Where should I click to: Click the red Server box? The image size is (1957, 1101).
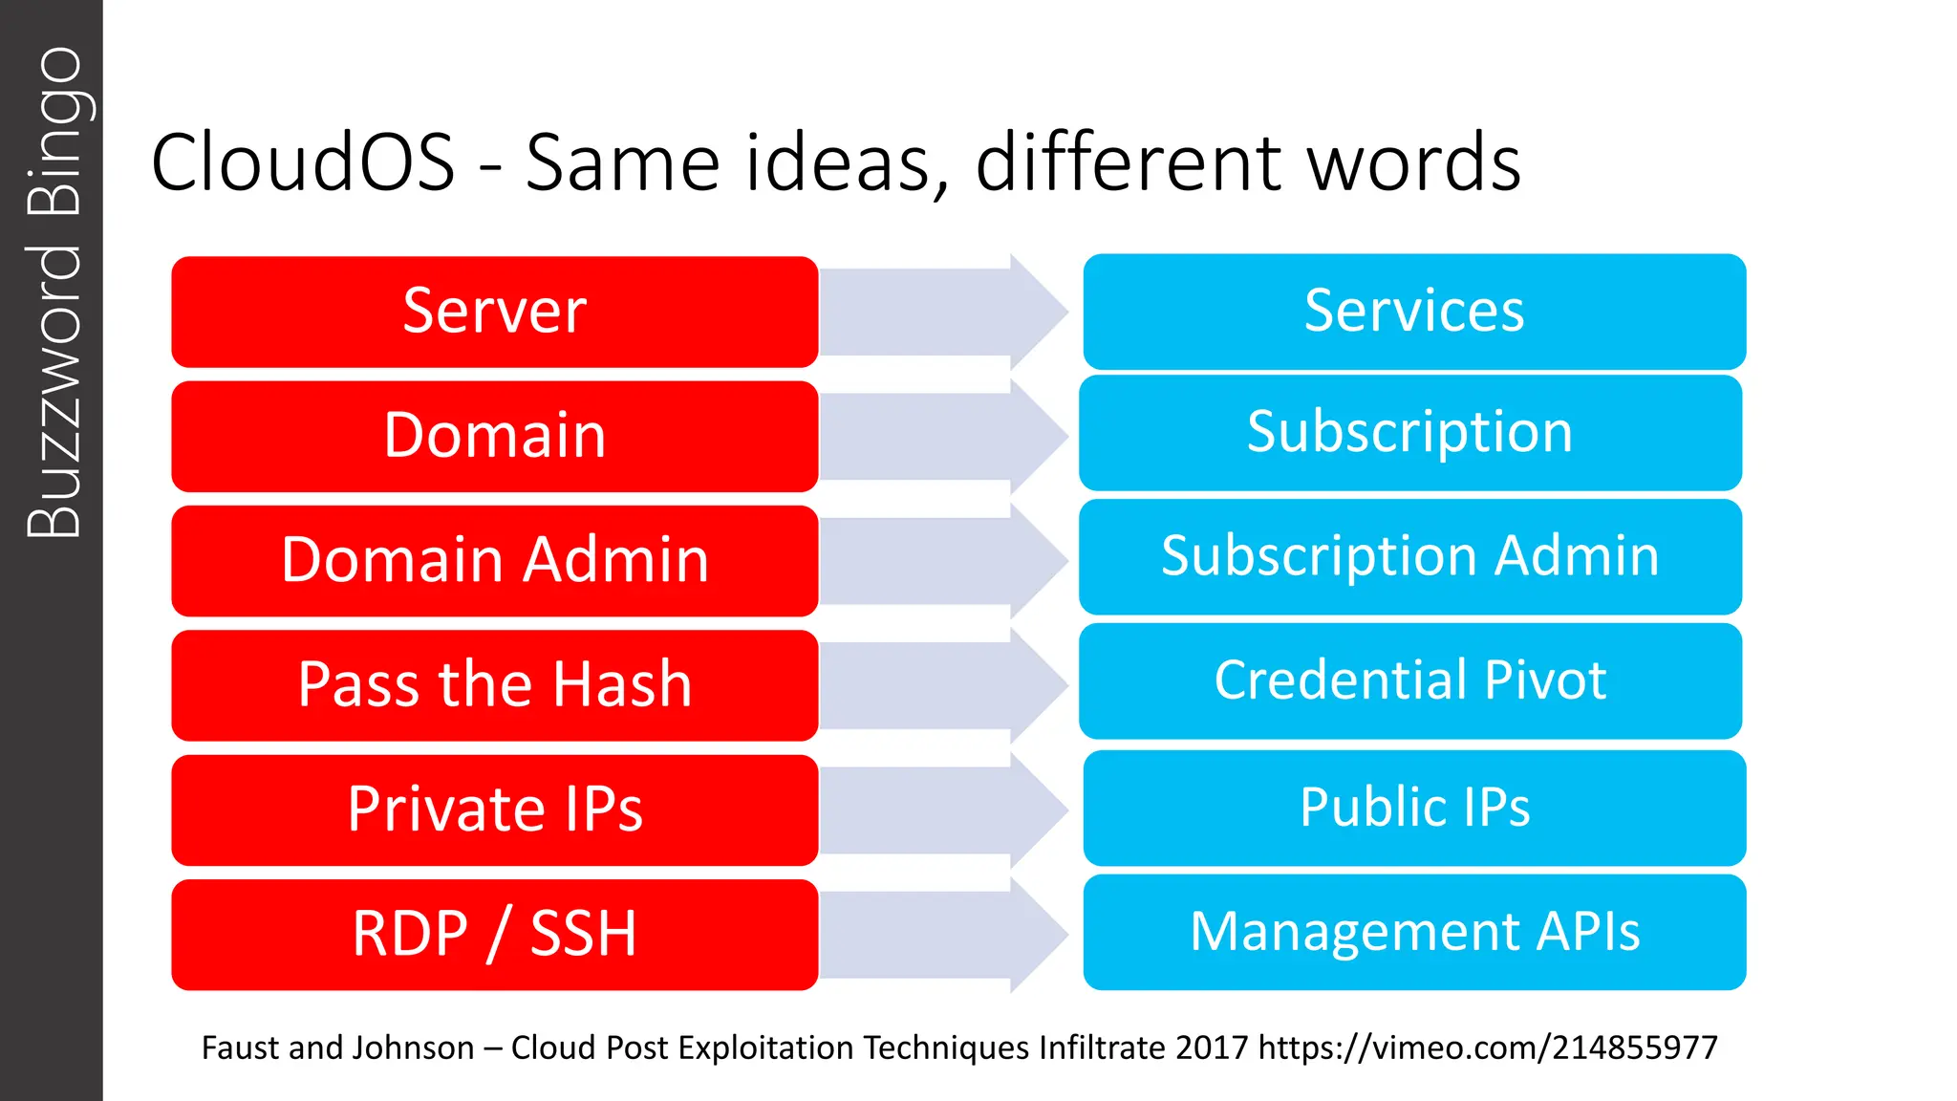tap(494, 312)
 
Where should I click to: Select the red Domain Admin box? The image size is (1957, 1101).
tap(494, 561)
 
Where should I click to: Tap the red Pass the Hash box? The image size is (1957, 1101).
tap(494, 685)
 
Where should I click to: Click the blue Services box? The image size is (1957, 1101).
tap(1414, 312)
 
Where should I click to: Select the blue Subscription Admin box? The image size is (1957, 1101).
tap(1409, 557)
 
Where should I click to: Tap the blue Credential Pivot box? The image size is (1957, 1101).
tap(1409, 681)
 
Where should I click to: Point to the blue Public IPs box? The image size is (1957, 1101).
tap(1414, 809)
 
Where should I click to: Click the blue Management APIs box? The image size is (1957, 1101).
tap(1414, 933)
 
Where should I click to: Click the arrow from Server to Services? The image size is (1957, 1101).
tap(941, 312)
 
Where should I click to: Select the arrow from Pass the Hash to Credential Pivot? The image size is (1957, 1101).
tap(941, 685)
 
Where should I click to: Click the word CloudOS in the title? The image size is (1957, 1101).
tap(303, 162)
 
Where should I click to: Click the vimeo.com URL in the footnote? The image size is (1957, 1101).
tap(1488, 1048)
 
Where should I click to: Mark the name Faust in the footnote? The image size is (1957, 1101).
tap(240, 1048)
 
